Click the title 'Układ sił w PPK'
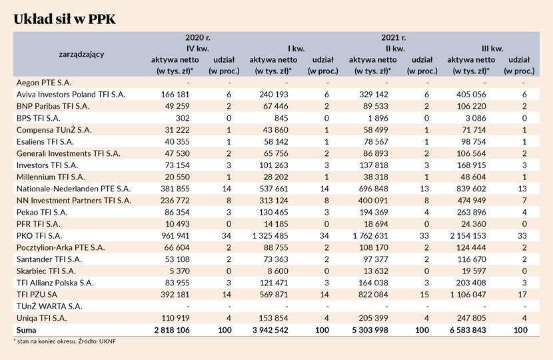(x=65, y=19)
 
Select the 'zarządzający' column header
(x=81, y=55)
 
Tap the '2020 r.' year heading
(x=198, y=37)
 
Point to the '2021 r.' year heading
(x=394, y=37)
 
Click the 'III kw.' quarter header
(x=492, y=49)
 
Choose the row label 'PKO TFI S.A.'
(x=39, y=236)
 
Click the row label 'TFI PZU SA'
(x=37, y=295)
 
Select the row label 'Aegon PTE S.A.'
(x=44, y=83)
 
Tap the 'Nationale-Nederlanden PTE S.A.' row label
(x=74, y=189)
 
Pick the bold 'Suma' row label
(x=26, y=330)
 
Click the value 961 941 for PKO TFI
(x=175, y=236)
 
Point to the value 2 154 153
(x=468, y=236)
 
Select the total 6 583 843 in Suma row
(x=468, y=330)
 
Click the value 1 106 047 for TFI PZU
(x=468, y=295)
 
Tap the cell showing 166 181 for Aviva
(x=175, y=95)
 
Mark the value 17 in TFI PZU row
(x=522, y=295)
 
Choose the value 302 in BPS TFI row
(x=183, y=118)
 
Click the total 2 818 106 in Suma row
(x=172, y=330)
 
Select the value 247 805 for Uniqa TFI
(x=472, y=318)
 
